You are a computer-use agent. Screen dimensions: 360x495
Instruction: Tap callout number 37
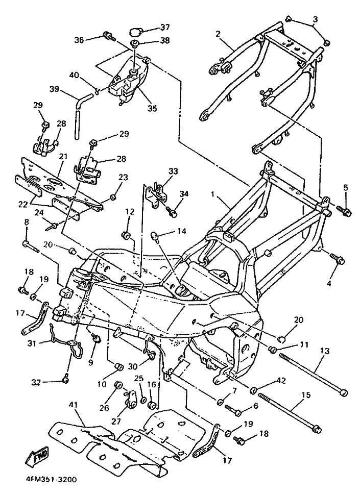click(164, 27)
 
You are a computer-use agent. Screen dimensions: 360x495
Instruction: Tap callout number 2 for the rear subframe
click(218, 34)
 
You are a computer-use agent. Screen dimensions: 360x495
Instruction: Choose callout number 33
click(173, 171)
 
